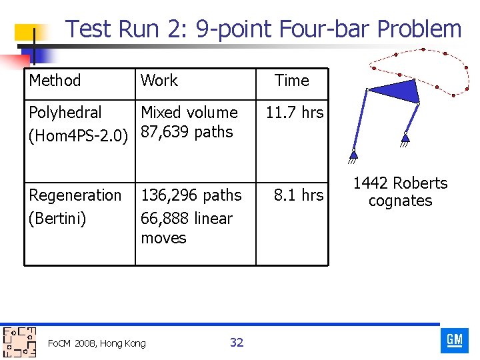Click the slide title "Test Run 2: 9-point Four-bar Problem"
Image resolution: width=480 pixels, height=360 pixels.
coord(263,29)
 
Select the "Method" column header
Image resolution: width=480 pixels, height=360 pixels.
coord(55,81)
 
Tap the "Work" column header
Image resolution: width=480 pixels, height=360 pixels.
coord(159,81)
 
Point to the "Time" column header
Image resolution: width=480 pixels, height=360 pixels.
coord(292,81)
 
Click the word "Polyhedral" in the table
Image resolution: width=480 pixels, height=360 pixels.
coord(65,113)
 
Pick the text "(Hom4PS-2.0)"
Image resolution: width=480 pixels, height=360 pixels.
coord(78,136)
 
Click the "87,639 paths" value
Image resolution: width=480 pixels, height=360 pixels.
coord(187,132)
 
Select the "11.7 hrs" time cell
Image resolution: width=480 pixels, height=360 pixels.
coord(294,113)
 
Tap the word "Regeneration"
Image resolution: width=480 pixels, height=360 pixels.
coord(75,195)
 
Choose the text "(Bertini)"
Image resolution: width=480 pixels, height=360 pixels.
coord(57,219)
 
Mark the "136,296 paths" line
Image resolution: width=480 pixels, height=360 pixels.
coord(191,195)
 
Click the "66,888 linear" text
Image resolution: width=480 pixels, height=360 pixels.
coord(187,219)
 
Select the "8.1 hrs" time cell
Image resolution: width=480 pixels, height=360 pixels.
coord(298,195)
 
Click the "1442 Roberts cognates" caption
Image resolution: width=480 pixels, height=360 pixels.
coord(400,192)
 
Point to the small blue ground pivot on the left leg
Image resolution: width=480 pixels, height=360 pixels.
coord(353,156)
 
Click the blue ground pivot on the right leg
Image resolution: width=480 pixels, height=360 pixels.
coord(405,138)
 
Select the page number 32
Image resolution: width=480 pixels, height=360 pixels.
coord(237,343)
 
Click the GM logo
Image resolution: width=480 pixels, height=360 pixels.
coord(455,340)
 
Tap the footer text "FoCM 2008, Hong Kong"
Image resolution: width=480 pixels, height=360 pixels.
coord(97,343)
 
